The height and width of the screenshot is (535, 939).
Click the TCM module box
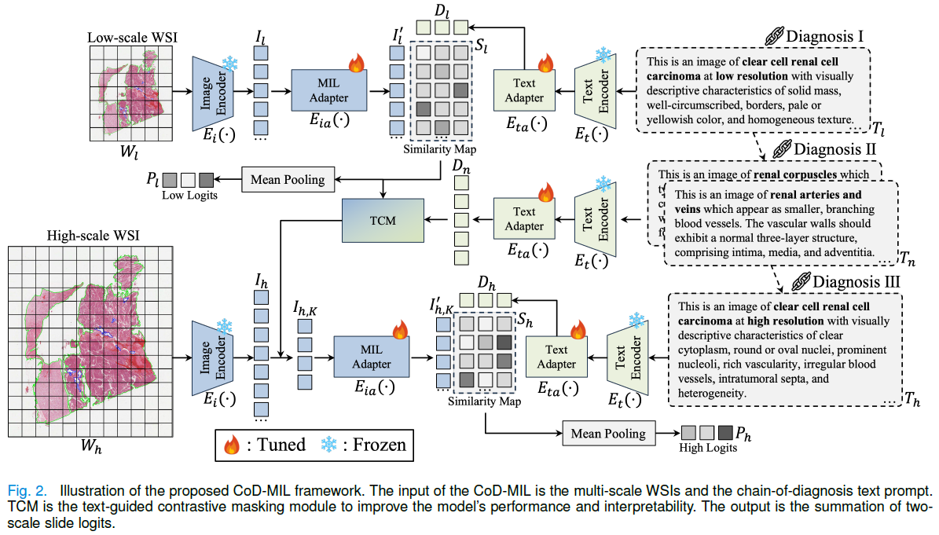pyautogui.click(x=383, y=222)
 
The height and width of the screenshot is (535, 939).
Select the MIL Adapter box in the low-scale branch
pyautogui.click(x=328, y=90)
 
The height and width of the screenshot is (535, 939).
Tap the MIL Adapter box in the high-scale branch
pyautogui.click(x=372, y=357)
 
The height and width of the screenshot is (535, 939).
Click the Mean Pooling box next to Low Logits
pyautogui.click(x=287, y=179)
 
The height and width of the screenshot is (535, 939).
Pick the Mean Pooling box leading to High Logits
pyautogui.click(x=607, y=433)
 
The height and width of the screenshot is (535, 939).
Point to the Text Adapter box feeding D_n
pyautogui.click(x=523, y=219)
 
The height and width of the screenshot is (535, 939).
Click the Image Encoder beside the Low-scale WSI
pyautogui.click(x=209, y=92)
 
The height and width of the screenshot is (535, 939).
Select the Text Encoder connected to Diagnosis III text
pyautogui.click(x=628, y=357)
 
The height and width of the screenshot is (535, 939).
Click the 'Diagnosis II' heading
pyautogui.click(x=831, y=149)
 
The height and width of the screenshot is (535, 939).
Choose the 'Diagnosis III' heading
pyautogui.click(x=847, y=280)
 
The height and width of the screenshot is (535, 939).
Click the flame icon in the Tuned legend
pyautogui.click(x=231, y=446)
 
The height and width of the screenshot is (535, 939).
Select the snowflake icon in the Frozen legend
pyautogui.click(x=328, y=445)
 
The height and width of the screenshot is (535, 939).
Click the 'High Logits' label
pyautogui.click(x=707, y=448)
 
